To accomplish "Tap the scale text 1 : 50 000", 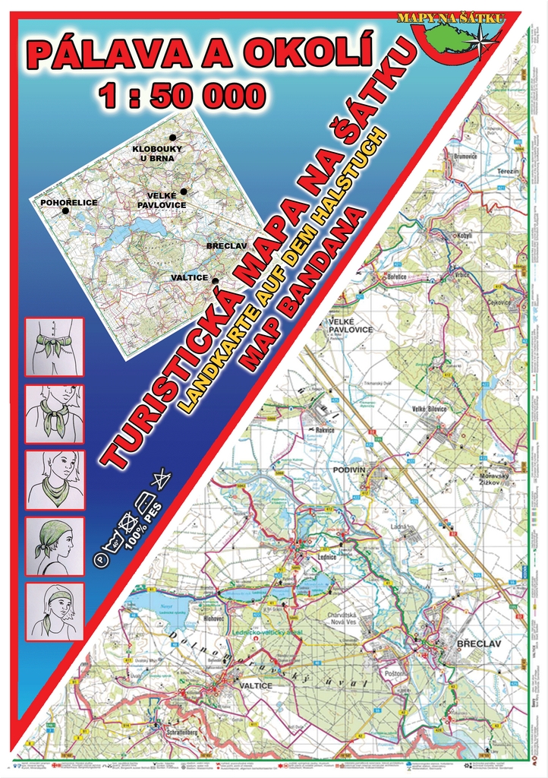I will [181, 96].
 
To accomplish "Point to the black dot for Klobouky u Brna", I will [172, 138].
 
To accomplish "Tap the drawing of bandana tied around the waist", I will [54, 347].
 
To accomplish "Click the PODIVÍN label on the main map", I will [351, 470].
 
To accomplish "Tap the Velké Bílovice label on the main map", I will [429, 409].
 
